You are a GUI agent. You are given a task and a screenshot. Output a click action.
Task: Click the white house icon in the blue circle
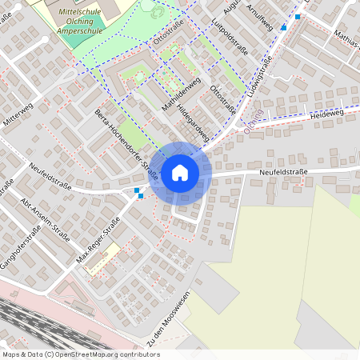pos(180,171)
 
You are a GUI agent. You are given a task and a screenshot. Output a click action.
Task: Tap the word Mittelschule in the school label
pos(81,14)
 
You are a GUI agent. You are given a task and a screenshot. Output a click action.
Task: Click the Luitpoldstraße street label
pos(234,36)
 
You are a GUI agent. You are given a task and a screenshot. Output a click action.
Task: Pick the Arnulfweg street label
pos(261,16)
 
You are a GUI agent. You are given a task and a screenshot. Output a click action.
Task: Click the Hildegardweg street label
pos(193,117)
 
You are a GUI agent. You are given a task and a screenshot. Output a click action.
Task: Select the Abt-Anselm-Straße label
pos(46,218)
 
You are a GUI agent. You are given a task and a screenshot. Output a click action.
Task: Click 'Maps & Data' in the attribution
pos(22,354)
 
